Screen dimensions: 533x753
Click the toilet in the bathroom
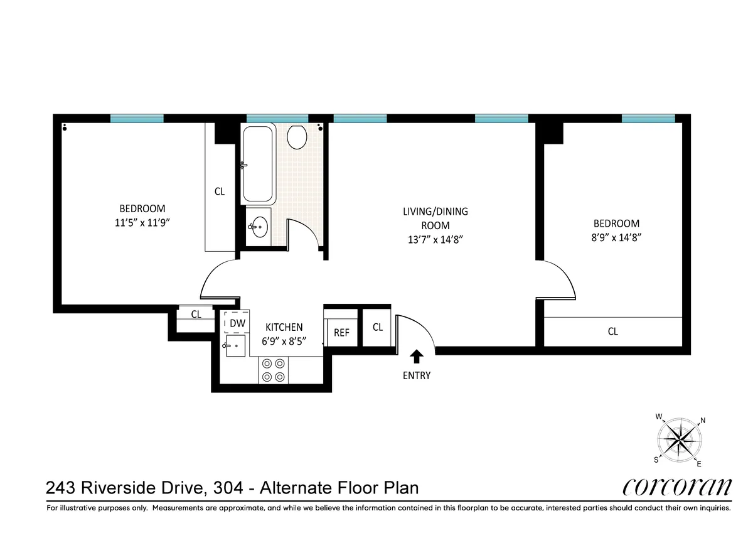coord(296,136)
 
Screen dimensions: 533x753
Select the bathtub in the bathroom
coord(258,164)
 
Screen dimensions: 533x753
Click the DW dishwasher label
coord(237,323)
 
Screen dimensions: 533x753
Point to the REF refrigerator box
coord(341,333)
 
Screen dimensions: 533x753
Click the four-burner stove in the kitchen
coord(274,370)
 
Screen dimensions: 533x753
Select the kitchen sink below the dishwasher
coord(236,345)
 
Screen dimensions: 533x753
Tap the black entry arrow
coord(416,357)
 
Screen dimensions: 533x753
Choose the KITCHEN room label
coord(284,327)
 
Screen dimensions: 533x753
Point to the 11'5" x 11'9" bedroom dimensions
coord(142,222)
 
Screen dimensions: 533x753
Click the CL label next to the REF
coord(378,327)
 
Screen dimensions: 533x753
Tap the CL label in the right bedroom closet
coord(612,331)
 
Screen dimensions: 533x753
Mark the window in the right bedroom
coord(648,119)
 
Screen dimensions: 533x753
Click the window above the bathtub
coord(277,119)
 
